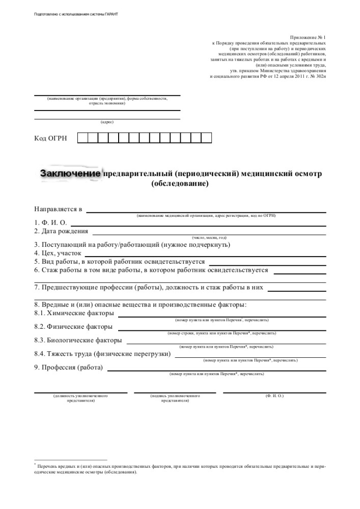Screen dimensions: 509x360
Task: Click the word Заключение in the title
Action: click(x=71, y=174)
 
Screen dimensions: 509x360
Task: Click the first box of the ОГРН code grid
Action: click(x=82, y=138)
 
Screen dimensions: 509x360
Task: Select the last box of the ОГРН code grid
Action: click(x=206, y=138)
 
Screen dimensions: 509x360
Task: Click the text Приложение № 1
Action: click(x=308, y=38)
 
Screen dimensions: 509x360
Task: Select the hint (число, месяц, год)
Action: click(x=209, y=238)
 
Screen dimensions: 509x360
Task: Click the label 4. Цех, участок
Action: click(x=58, y=252)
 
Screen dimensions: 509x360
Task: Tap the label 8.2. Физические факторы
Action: click(x=73, y=326)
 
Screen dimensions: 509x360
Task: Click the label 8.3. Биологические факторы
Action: click(x=78, y=340)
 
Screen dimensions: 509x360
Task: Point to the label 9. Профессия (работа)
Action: click(x=68, y=367)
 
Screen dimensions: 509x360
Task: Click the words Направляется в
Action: click(x=58, y=209)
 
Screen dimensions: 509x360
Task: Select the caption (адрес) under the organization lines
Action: click(x=107, y=122)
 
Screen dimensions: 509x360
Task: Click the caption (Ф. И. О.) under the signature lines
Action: click(x=274, y=395)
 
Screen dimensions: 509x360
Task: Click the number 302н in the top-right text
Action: click(x=318, y=76)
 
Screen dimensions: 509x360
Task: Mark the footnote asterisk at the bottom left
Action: click(x=35, y=465)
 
